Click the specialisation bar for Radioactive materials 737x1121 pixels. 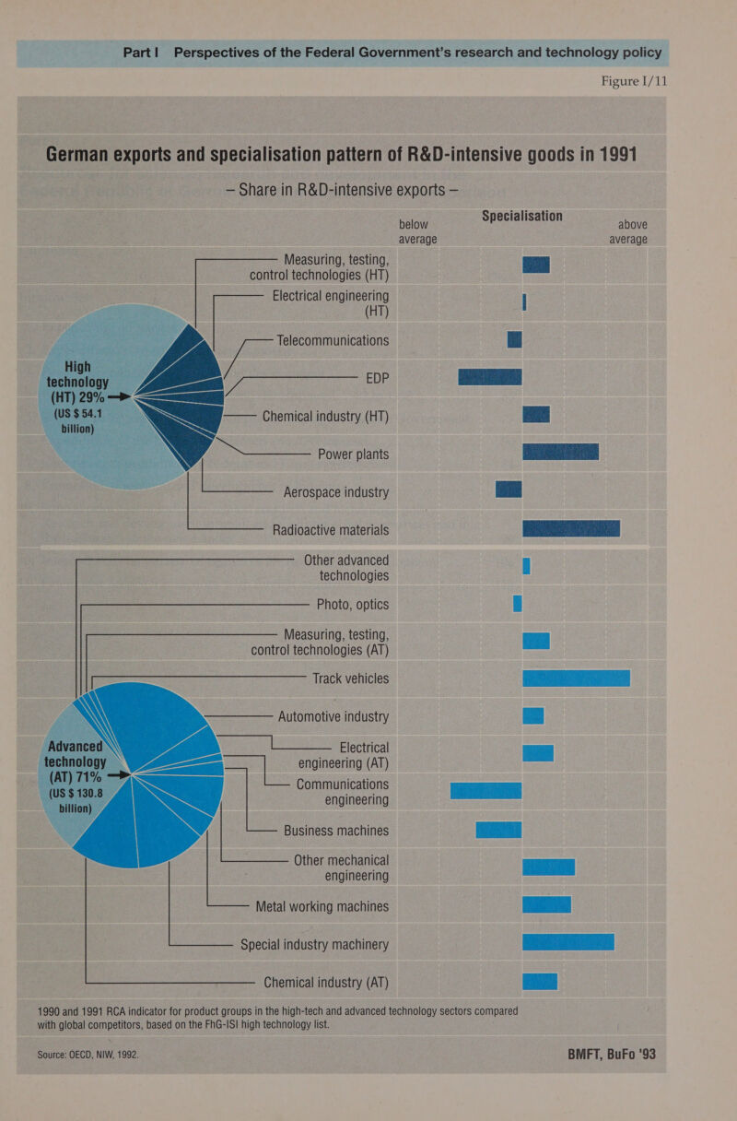pyautogui.click(x=570, y=529)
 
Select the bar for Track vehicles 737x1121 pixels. pyautogui.click(x=576, y=678)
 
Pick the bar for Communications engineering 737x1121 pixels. pyautogui.click(x=485, y=791)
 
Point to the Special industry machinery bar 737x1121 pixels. pyautogui.click(x=567, y=942)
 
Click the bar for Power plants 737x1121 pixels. pyautogui.click(x=560, y=452)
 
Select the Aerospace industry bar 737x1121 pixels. pyautogui.click(x=509, y=490)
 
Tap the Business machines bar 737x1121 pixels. pyautogui.click(x=498, y=830)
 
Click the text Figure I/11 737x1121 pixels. pyautogui.click(x=634, y=81)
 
